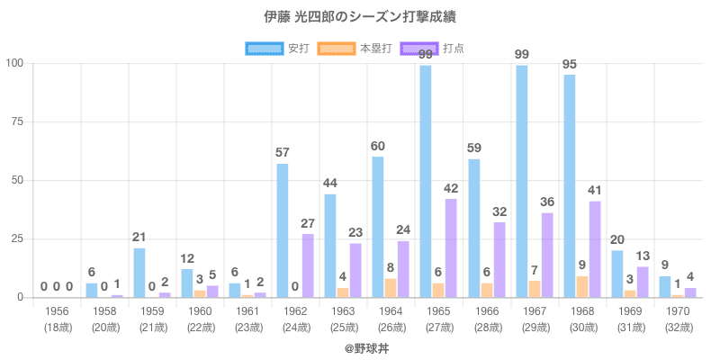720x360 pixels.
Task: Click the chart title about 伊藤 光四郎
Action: pos(360,17)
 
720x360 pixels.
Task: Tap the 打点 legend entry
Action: pos(433,48)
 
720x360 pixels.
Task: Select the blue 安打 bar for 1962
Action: pos(283,230)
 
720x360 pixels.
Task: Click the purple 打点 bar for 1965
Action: pos(451,248)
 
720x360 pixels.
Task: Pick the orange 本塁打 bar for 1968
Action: pos(581,287)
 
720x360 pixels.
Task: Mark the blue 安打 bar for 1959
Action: pos(139,273)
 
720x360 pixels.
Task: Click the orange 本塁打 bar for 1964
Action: pos(390,288)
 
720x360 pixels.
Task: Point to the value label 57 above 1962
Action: pos(283,153)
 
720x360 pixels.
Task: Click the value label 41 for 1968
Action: pos(594,191)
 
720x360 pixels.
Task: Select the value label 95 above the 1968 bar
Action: pos(569,64)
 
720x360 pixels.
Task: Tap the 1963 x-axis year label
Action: pos(343,310)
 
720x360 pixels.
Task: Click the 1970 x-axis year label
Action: pos(678,310)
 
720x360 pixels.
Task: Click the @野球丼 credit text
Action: pos(360,346)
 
